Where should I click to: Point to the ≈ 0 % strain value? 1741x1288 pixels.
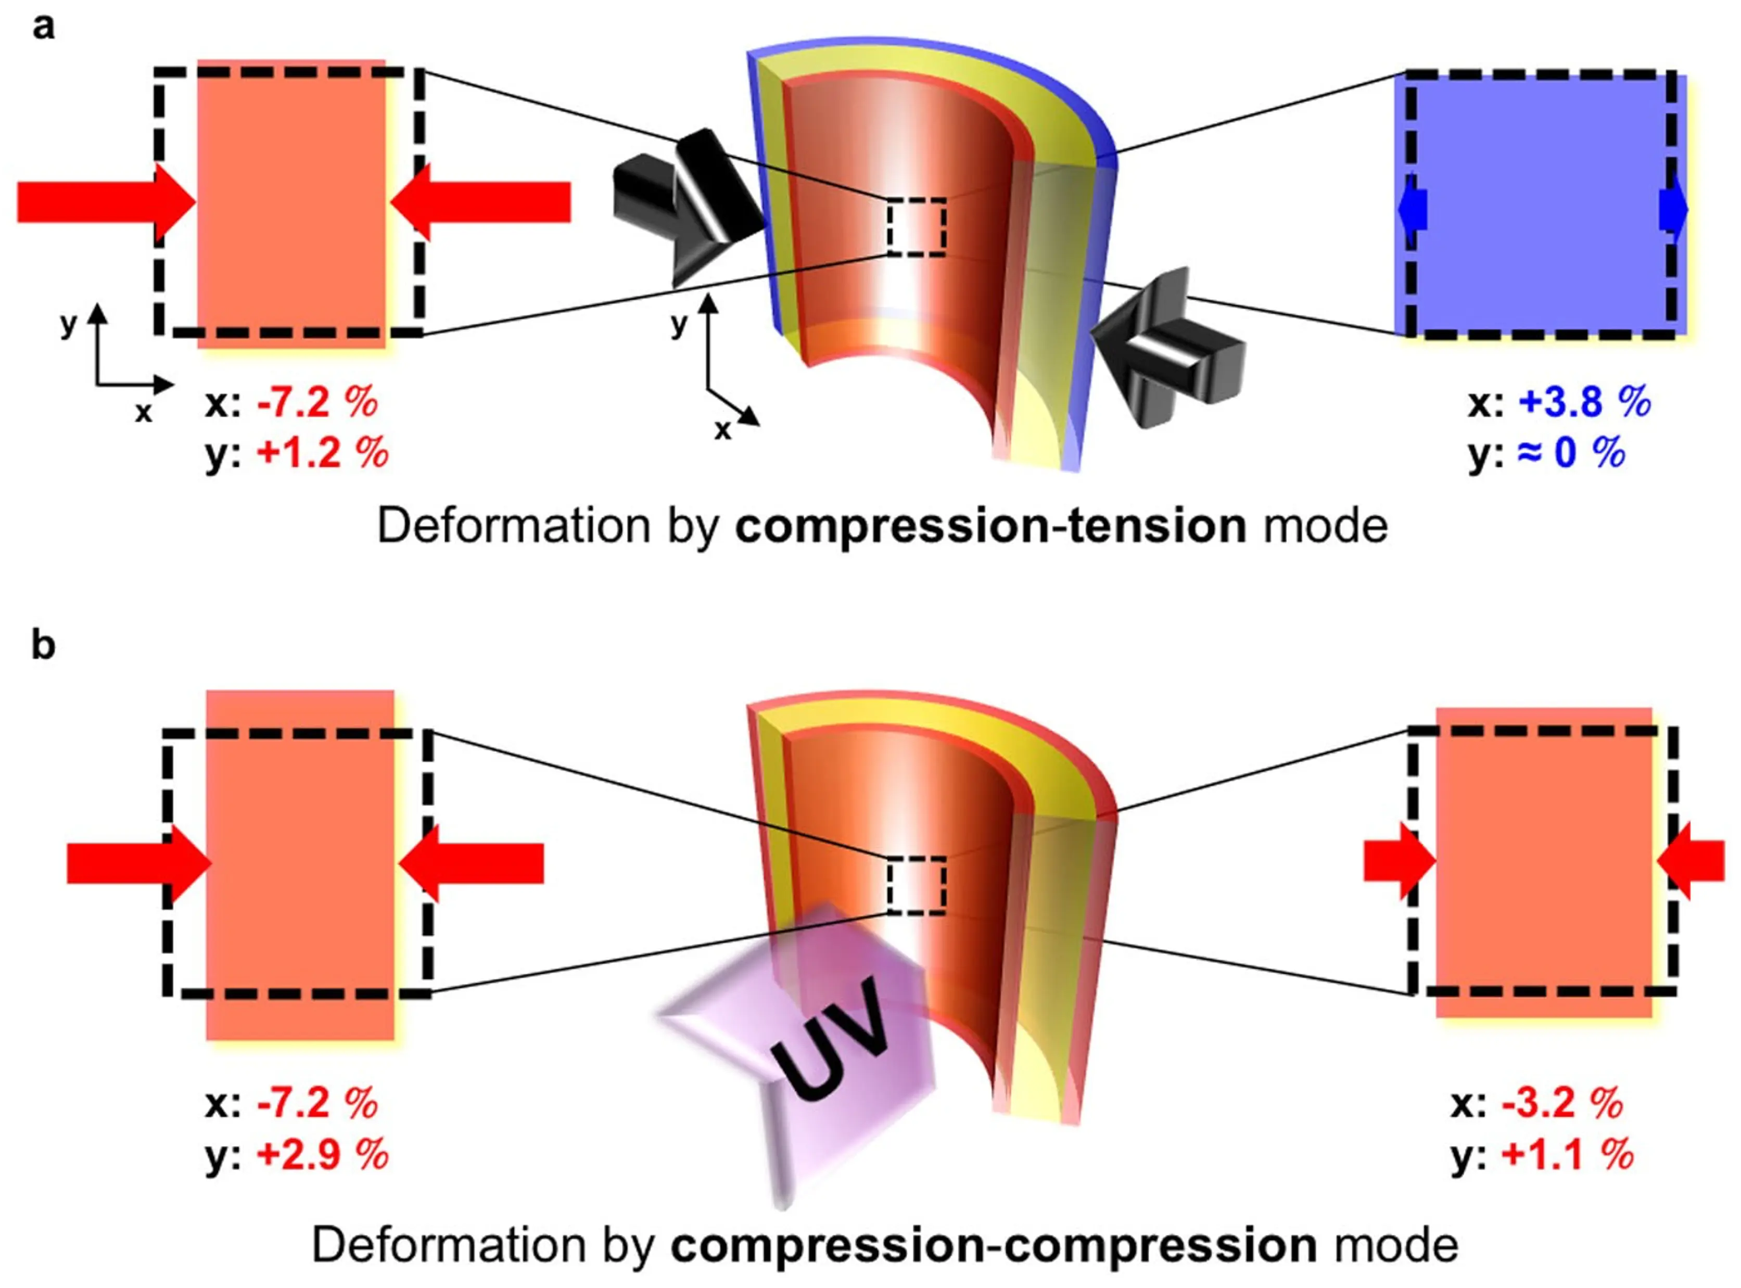point(1571,453)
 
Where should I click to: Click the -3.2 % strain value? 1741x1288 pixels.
point(1561,1104)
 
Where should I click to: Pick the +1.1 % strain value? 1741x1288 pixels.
point(1567,1155)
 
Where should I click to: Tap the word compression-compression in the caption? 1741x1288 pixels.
point(994,1246)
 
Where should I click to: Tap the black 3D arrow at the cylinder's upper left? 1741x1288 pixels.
point(686,207)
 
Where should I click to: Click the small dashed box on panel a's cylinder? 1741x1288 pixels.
point(916,227)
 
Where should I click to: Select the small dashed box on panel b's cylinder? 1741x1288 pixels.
point(916,885)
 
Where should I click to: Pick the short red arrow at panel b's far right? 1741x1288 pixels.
point(1692,861)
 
